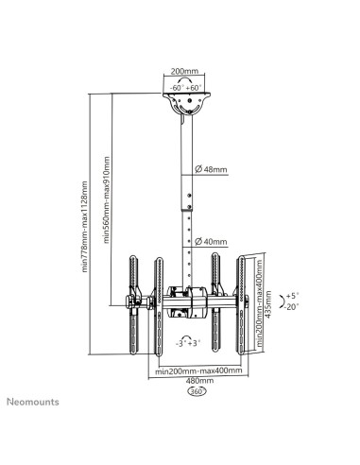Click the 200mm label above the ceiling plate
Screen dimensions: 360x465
184,71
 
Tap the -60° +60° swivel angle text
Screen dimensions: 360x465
185,88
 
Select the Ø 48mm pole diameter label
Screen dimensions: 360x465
211,169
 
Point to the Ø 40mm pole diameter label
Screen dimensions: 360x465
211,242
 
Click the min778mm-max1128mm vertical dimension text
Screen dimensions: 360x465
84,226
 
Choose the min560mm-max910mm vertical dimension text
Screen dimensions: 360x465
107,200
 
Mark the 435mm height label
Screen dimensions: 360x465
268,304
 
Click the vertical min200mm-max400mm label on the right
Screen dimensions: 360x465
259,303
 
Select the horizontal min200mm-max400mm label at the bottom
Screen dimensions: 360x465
198,370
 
